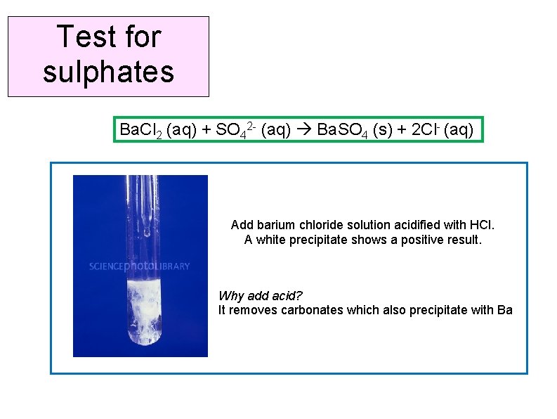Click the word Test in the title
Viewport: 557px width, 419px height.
(82, 37)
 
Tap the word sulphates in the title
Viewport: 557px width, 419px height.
(108, 72)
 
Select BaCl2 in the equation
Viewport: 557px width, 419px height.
(138, 130)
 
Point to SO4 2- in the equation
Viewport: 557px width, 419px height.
(230, 130)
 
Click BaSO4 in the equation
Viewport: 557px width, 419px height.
(343, 130)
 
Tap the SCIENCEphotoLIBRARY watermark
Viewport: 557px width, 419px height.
(139, 266)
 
